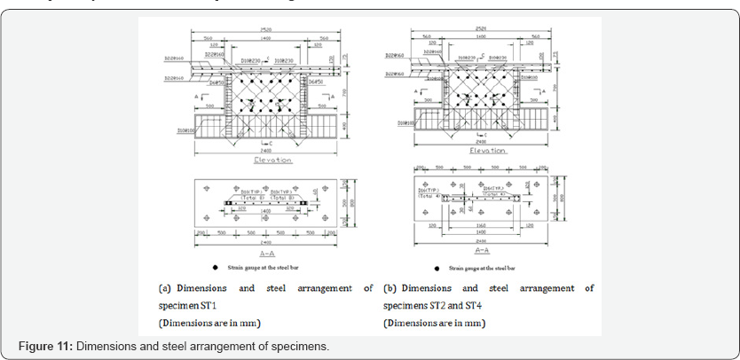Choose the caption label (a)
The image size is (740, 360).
tap(166, 288)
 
